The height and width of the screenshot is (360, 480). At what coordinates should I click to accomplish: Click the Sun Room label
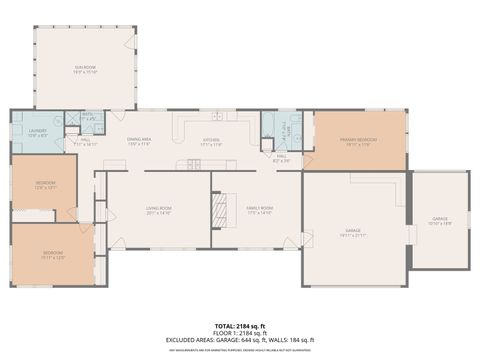point(84,69)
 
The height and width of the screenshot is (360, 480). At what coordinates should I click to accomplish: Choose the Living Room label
point(159,210)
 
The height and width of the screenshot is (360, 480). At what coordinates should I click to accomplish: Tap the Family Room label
point(260,210)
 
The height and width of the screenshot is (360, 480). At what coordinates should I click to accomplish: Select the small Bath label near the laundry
point(87,116)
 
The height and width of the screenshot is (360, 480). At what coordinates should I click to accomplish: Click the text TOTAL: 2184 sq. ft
point(239,327)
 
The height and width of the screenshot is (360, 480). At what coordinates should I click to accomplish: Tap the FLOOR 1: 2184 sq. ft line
point(239,334)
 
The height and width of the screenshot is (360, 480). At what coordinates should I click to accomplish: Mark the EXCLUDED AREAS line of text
point(239,341)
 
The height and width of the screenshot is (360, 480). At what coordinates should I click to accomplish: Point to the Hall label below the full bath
point(282,158)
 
